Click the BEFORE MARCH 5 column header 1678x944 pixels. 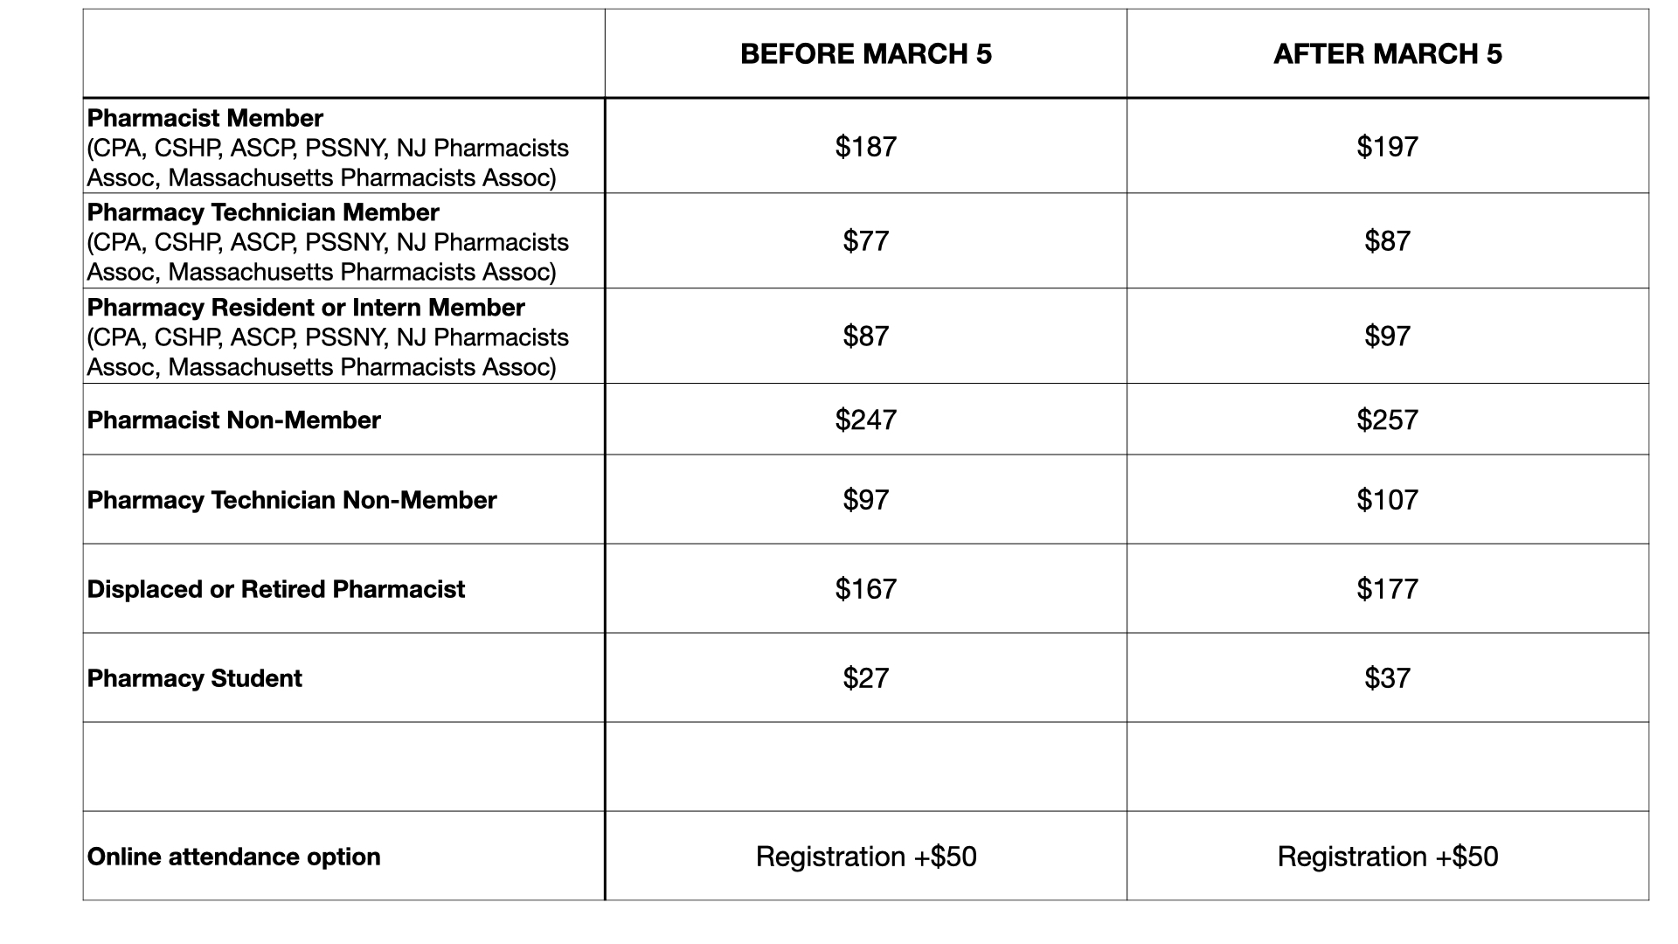[865, 54]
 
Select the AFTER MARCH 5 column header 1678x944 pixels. [1387, 54]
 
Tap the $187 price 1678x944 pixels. [865, 146]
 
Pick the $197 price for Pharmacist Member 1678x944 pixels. [1387, 146]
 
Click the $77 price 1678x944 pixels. [865, 240]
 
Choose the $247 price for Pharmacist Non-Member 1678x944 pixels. [865, 420]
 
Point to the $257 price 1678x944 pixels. [1387, 420]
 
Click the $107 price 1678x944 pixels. [1387, 500]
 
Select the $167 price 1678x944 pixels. [865, 589]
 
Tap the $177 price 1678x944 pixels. [1387, 589]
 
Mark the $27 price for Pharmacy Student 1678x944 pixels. [865, 678]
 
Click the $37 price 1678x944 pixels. [1387, 678]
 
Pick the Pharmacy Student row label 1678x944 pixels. [194, 678]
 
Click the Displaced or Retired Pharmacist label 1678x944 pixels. [275, 589]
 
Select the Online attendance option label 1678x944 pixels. [233, 857]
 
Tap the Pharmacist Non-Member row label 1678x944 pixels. [233, 420]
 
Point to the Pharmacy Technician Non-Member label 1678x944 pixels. [291, 500]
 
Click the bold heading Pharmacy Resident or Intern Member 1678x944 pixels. [306, 308]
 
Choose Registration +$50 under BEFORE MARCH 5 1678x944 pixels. [865, 857]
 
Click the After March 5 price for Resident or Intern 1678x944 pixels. [1387, 336]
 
